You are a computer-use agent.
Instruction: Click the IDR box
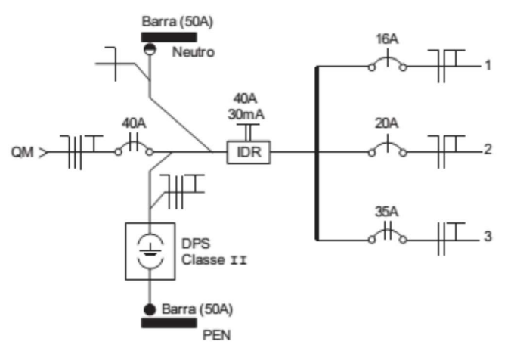click(x=249, y=152)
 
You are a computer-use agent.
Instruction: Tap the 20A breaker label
click(x=386, y=123)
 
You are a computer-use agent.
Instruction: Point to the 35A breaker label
click(x=386, y=209)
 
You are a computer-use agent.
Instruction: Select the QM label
click(x=22, y=153)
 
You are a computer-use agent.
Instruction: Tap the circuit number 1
click(x=488, y=66)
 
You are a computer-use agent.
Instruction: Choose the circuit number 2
click(x=488, y=150)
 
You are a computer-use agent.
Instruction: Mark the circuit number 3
click(x=488, y=237)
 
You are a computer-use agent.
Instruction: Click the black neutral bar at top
click(x=170, y=36)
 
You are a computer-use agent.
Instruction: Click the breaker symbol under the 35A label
click(x=386, y=236)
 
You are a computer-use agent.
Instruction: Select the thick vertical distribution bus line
click(x=317, y=154)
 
